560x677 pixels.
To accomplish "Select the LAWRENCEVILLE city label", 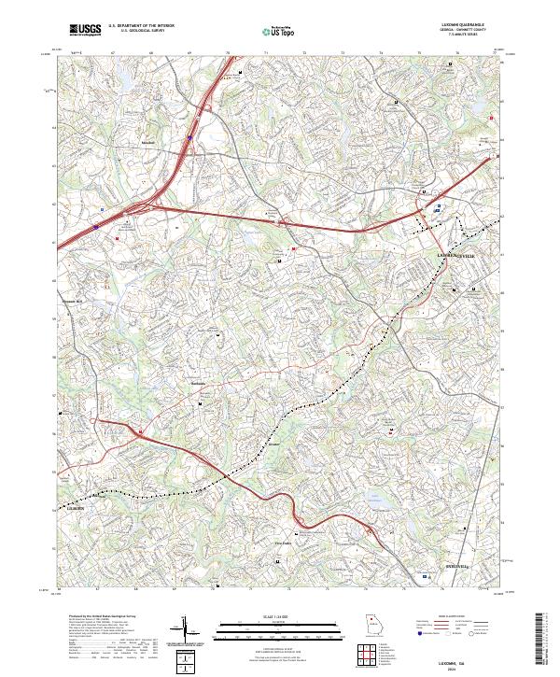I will coord(455,255).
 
